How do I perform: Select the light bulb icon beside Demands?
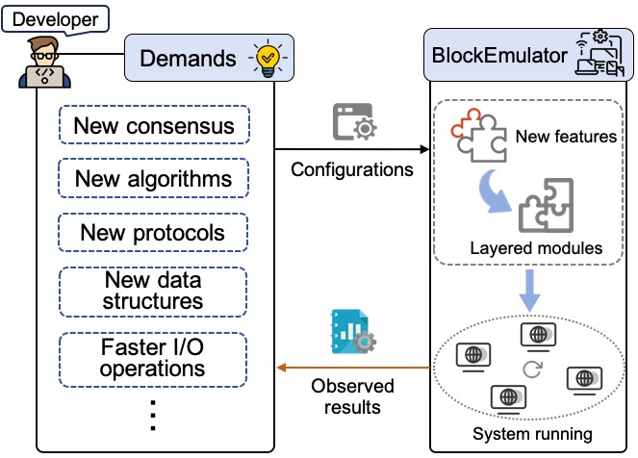tap(268, 57)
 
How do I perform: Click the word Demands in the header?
tap(188, 58)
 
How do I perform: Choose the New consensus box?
tap(154, 126)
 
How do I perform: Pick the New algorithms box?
tap(154, 179)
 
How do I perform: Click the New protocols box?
tap(154, 233)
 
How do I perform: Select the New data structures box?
tap(154, 290)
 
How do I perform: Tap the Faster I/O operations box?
tap(154, 356)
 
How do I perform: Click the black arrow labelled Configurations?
tap(352, 150)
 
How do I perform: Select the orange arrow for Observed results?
tap(352, 368)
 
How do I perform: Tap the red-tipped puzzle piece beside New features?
tap(475, 138)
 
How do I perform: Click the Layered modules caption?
tap(535, 248)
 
